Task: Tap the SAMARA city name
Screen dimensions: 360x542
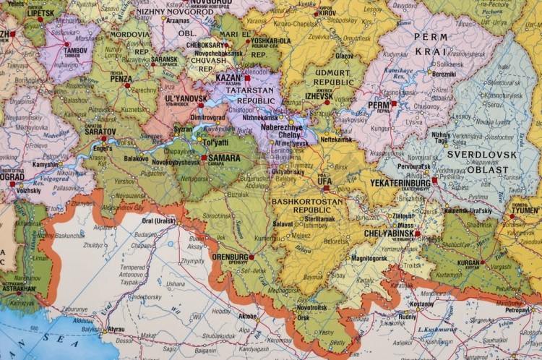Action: pyautogui.click(x=225, y=157)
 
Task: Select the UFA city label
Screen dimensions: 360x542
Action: pyautogui.click(x=324, y=181)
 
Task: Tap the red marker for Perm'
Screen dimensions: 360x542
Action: pyautogui.click(x=394, y=103)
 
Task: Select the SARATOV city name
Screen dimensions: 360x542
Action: pyautogui.click(x=100, y=131)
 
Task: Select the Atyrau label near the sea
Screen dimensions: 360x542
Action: pyautogui.click(x=116, y=330)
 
